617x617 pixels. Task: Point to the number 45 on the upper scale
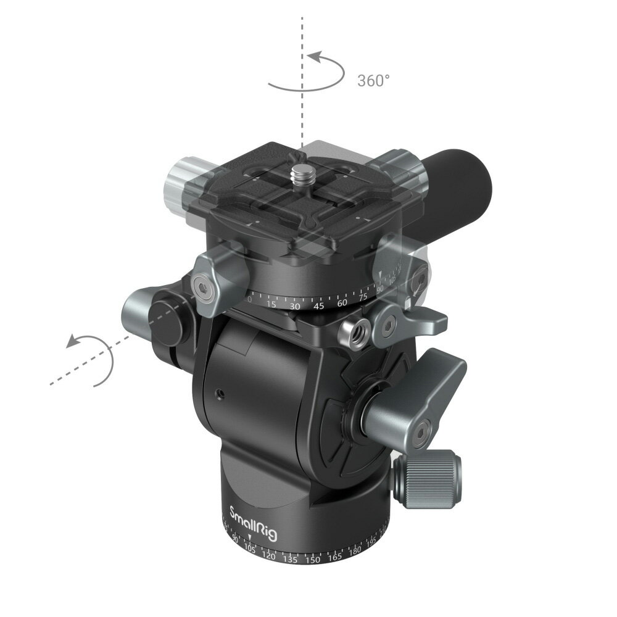click(319, 305)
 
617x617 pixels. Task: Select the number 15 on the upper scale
click(271, 304)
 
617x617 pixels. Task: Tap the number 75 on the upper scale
click(363, 295)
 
